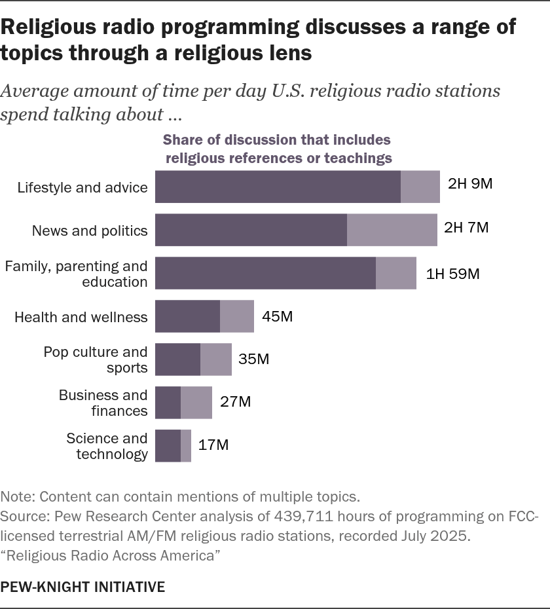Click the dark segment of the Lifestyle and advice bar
(x=278, y=187)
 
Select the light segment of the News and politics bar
(x=392, y=230)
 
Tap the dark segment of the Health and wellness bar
(x=187, y=317)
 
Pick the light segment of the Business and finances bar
(x=196, y=402)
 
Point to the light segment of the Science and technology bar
(x=186, y=445)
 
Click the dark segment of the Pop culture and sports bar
(x=177, y=360)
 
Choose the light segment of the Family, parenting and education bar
(x=395, y=273)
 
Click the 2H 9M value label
(x=469, y=184)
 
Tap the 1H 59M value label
(x=452, y=274)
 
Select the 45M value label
(x=277, y=317)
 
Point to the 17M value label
(x=213, y=445)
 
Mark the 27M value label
(x=235, y=402)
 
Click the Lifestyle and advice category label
(x=82, y=187)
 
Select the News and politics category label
(x=90, y=231)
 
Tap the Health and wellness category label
(x=81, y=318)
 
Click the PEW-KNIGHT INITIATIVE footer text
(x=82, y=587)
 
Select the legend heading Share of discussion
(x=276, y=139)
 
